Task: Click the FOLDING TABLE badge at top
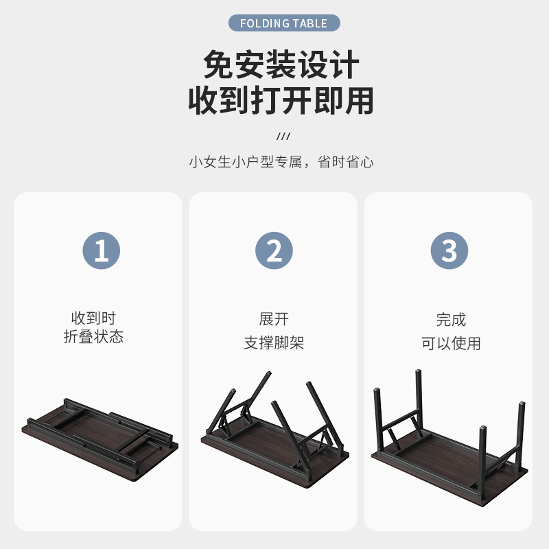[283, 23]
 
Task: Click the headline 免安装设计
[281, 66]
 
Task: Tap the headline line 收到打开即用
[281, 100]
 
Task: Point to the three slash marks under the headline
[283, 136]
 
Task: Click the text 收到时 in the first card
[94, 318]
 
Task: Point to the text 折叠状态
[94, 337]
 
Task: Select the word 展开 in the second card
[274, 319]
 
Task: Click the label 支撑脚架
[274, 343]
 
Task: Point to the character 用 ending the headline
[360, 100]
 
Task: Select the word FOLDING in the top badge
[265, 23]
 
